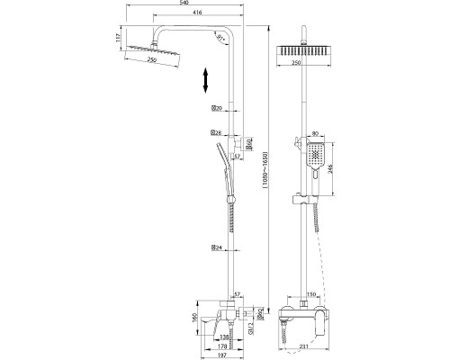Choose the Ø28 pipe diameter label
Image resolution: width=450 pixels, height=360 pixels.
[x=216, y=133]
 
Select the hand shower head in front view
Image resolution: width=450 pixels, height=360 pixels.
[x=312, y=157]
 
